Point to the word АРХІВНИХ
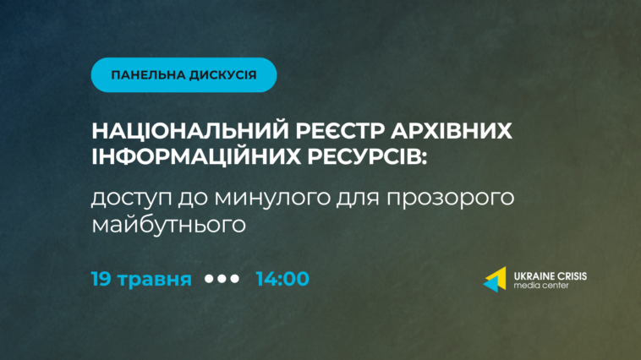tap(452, 131)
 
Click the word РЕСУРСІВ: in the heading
tap(367, 156)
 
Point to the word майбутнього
tap(168, 224)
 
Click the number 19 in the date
tap(101, 279)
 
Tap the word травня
tap(155, 280)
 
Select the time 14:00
tap(282, 279)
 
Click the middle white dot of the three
tap(222, 279)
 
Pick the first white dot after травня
tap(209, 279)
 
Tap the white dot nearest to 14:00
tap(234, 279)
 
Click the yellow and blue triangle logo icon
tap(495, 280)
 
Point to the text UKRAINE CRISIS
tap(551, 276)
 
